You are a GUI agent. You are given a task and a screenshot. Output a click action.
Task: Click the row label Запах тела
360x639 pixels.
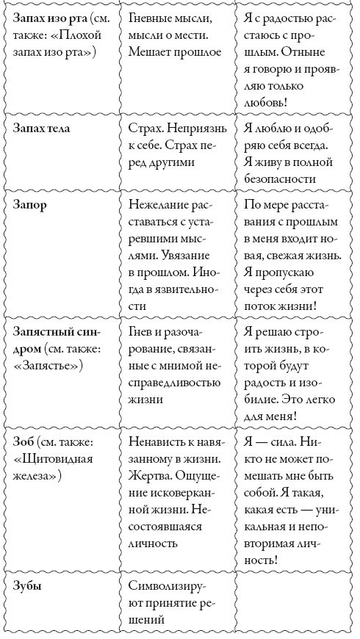(x=48, y=128)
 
